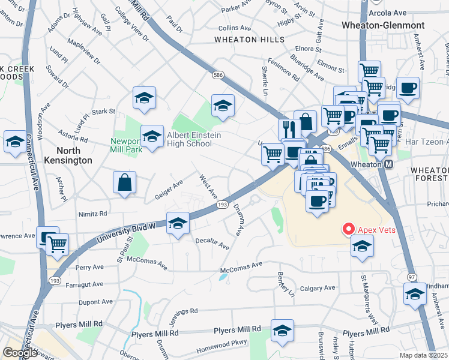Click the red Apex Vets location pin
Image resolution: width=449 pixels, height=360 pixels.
pos(348,229)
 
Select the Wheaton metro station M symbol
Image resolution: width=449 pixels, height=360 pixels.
pos(388,164)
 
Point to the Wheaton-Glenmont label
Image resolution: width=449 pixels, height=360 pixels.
pos(382,25)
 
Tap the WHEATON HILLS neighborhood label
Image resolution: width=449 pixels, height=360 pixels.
pos(250,40)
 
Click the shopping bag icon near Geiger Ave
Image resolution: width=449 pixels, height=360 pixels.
pos(124,182)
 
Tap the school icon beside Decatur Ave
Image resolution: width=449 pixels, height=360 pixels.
pos(178,223)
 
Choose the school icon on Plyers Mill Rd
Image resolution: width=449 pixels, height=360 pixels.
pos(282,332)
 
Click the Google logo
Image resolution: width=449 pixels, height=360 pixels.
pos(20,353)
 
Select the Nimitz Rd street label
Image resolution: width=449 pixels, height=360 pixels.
pos(92,214)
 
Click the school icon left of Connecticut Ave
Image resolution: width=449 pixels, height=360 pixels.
pos(14,142)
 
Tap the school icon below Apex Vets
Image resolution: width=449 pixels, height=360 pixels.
pos(362,245)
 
